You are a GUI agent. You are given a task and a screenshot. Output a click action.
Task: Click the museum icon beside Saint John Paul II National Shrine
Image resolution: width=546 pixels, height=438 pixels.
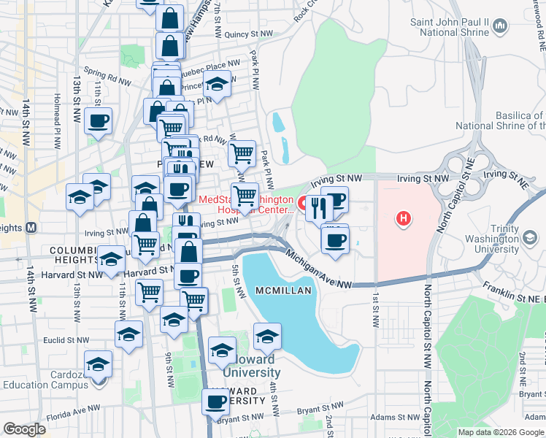[500, 27]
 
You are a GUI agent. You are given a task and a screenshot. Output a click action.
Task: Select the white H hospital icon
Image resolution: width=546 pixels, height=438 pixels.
[402, 218]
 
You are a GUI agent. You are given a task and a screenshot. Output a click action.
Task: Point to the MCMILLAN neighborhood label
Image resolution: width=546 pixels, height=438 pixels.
[284, 291]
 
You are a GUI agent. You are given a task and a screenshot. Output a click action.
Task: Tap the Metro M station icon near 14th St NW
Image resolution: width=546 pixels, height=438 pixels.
[31, 227]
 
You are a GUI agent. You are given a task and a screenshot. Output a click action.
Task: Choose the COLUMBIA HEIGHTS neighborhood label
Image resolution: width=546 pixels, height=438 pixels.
[73, 255]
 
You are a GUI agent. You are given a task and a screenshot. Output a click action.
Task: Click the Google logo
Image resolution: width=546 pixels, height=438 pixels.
[24, 429]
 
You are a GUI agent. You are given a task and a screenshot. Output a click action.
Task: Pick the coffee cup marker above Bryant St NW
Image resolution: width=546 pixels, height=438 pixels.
[216, 401]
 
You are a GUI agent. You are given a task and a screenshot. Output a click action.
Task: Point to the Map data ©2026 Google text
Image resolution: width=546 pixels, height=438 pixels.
[500, 432]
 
